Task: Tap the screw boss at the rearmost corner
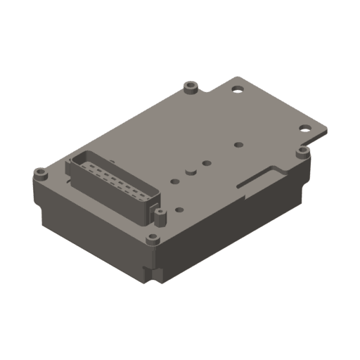point(189,87)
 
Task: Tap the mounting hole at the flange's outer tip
point(305,128)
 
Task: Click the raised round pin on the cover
point(190,171)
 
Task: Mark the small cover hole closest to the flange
point(238,145)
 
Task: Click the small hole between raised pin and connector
point(173,179)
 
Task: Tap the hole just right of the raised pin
point(207,163)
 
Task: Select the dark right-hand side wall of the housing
point(232,225)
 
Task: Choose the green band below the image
point(180,330)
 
